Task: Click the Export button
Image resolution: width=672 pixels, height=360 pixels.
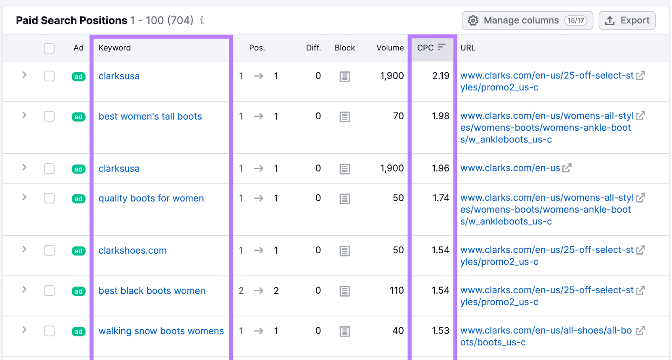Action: click(x=627, y=21)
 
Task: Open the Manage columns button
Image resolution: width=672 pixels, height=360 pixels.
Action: click(x=527, y=21)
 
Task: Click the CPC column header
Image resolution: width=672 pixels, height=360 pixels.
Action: click(x=425, y=48)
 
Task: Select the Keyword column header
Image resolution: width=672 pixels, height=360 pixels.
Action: click(x=115, y=48)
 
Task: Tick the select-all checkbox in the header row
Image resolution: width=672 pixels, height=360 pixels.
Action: click(x=49, y=48)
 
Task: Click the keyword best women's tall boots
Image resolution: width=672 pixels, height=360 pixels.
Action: click(x=150, y=116)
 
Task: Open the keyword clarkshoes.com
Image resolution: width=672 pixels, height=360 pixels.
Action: click(x=133, y=250)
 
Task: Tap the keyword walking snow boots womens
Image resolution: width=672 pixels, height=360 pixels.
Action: click(x=161, y=331)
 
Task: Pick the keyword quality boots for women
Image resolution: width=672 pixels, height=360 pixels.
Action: click(x=151, y=198)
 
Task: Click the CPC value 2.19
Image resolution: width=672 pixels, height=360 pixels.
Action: click(x=441, y=76)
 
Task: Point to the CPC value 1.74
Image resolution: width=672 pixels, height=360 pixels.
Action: click(x=441, y=198)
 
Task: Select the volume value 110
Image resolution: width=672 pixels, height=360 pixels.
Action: click(x=396, y=290)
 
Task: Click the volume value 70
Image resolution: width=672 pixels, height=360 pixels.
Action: click(x=398, y=116)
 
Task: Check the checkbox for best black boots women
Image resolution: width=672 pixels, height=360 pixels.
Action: click(x=49, y=291)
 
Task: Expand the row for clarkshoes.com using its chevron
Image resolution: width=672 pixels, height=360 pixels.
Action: click(x=24, y=249)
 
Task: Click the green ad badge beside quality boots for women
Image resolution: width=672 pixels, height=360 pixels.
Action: click(x=79, y=199)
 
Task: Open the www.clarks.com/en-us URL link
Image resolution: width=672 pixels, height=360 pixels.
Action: click(x=510, y=168)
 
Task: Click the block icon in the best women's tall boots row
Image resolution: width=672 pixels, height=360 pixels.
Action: click(x=345, y=117)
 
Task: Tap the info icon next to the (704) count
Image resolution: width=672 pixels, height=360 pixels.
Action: click(x=202, y=20)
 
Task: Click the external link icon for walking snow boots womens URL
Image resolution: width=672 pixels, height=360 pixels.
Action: click(x=640, y=331)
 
